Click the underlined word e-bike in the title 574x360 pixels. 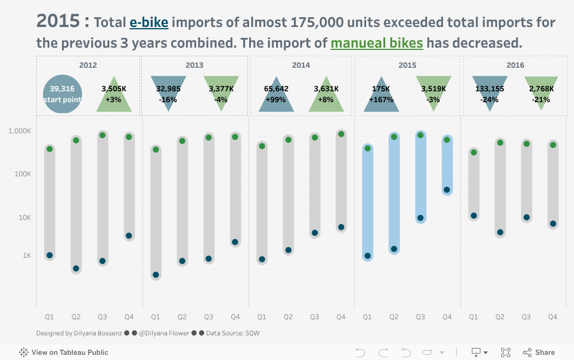click(x=149, y=23)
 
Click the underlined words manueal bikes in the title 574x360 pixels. click(x=377, y=43)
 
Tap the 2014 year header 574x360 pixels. click(x=301, y=65)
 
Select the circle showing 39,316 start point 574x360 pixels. click(x=63, y=94)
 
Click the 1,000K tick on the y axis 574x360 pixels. click(x=20, y=131)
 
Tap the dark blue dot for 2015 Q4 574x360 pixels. click(x=447, y=190)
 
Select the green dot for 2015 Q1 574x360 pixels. click(x=367, y=148)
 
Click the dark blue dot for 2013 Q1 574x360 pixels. click(x=156, y=275)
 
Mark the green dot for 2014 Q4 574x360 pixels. click(x=341, y=134)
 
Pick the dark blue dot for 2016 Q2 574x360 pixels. click(x=500, y=233)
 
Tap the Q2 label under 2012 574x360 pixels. click(x=76, y=317)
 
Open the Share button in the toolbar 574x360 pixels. click(x=538, y=353)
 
